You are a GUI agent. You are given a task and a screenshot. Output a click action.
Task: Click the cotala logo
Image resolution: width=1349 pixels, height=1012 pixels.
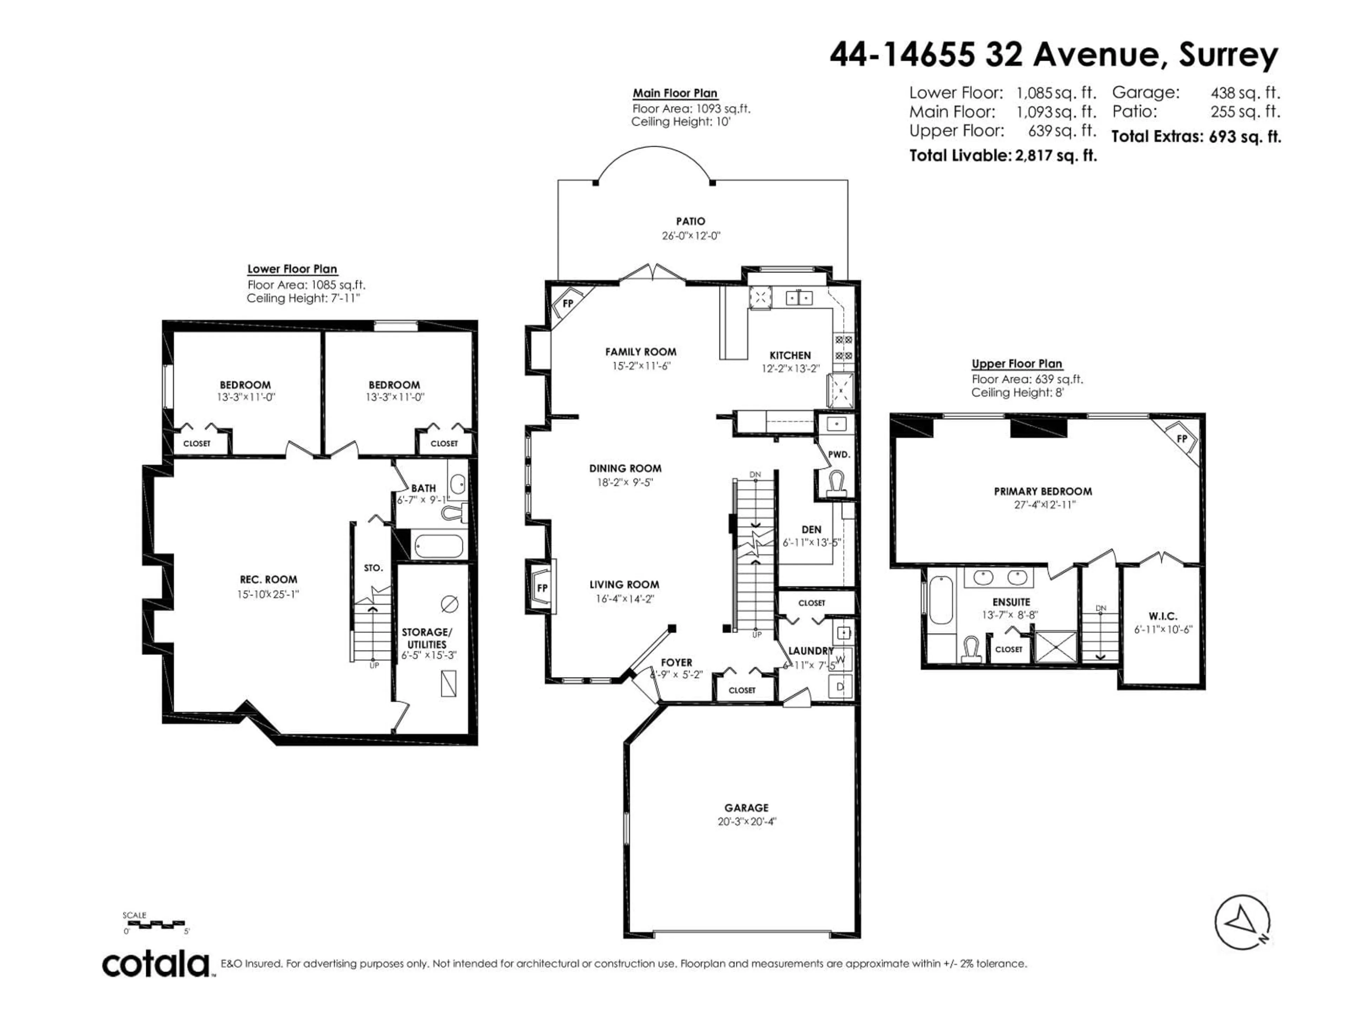tap(156, 965)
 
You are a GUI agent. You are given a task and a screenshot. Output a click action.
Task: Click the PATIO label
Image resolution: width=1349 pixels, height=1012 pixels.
tap(690, 221)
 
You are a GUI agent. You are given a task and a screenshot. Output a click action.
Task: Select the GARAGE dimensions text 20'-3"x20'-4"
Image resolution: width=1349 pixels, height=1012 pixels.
tap(747, 821)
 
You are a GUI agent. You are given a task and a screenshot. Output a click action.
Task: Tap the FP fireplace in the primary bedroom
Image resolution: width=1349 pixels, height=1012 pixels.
tap(1181, 439)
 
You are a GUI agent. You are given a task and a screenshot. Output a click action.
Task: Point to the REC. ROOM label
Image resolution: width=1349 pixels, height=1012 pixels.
tap(268, 579)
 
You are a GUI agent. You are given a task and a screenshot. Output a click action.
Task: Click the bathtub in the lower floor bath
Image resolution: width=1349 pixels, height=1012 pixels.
tap(438, 546)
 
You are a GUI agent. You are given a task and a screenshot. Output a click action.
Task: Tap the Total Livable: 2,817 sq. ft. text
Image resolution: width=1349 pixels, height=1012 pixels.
tap(1003, 156)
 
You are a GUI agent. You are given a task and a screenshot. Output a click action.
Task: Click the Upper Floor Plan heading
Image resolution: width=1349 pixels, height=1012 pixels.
tap(1017, 364)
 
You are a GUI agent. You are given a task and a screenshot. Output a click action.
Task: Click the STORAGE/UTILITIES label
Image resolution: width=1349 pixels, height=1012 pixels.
tap(427, 638)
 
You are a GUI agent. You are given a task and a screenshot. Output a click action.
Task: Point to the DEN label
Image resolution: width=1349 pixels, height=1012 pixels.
tap(811, 530)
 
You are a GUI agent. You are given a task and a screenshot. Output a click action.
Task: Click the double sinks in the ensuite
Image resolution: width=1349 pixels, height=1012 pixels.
tap(999, 577)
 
